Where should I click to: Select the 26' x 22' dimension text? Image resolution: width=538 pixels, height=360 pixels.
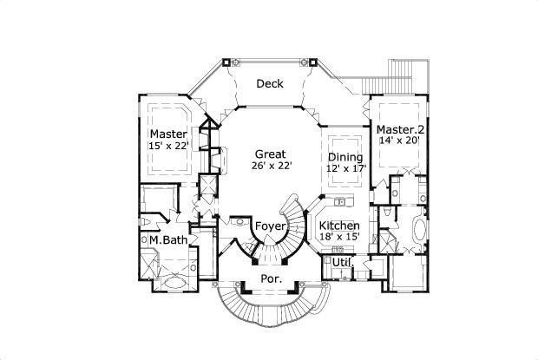(271, 165)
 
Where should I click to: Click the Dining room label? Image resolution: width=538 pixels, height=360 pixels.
(344, 157)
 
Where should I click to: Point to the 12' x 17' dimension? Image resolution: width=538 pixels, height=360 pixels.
(344, 169)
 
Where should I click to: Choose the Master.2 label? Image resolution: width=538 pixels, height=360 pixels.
(400, 129)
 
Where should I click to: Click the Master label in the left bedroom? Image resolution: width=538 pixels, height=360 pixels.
(167, 134)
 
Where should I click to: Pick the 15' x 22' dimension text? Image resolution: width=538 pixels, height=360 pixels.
(167, 146)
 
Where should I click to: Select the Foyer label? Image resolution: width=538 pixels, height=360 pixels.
(270, 227)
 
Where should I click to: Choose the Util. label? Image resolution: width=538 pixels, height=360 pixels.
(342, 261)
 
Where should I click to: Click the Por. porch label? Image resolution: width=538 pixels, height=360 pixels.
(270, 279)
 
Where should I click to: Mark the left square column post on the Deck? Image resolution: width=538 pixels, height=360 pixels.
(228, 62)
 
